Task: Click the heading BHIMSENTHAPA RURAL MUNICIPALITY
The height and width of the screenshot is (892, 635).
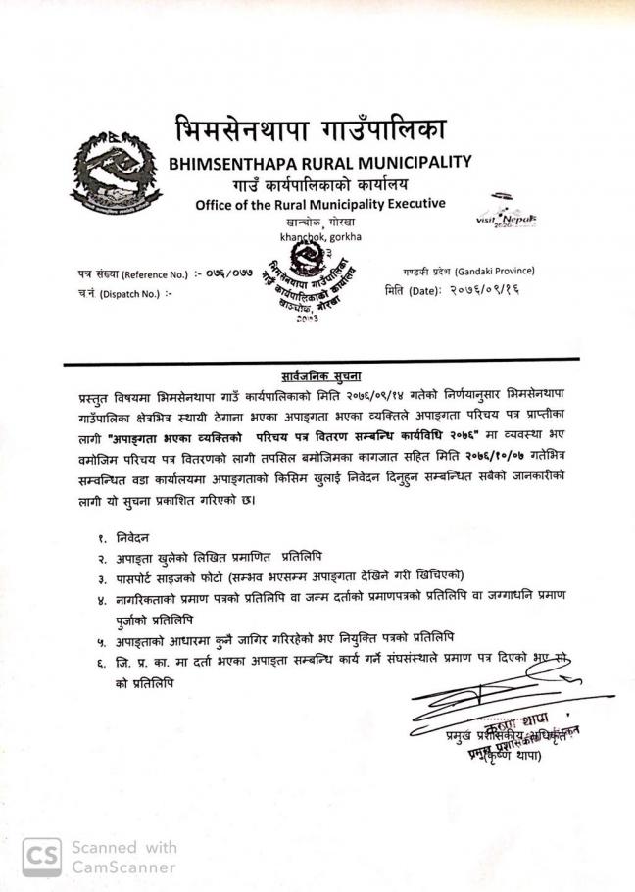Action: tap(320, 162)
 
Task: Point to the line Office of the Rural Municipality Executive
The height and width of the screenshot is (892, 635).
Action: tap(319, 204)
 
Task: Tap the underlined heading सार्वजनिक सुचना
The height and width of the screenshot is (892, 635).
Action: tap(317, 375)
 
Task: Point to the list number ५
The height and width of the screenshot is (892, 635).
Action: tap(101, 640)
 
